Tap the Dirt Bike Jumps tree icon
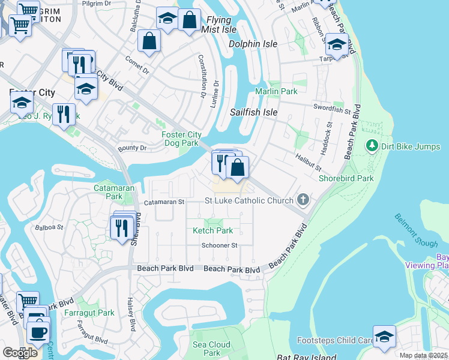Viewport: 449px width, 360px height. pyautogui.click(x=372, y=146)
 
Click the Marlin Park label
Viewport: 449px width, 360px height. pyautogui.click(x=276, y=91)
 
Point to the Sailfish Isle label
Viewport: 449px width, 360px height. pyautogui.click(x=254, y=112)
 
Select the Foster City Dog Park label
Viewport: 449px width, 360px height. pyautogui.click(x=181, y=139)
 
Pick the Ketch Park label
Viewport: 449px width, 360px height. pyautogui.click(x=212, y=230)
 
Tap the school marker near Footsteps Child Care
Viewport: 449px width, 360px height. pyautogui.click(x=384, y=336)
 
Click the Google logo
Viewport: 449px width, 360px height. pyautogui.click(x=20, y=353)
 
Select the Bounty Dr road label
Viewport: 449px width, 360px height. pyautogui.click(x=132, y=148)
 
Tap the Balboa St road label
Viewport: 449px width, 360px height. pyautogui.click(x=49, y=227)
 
